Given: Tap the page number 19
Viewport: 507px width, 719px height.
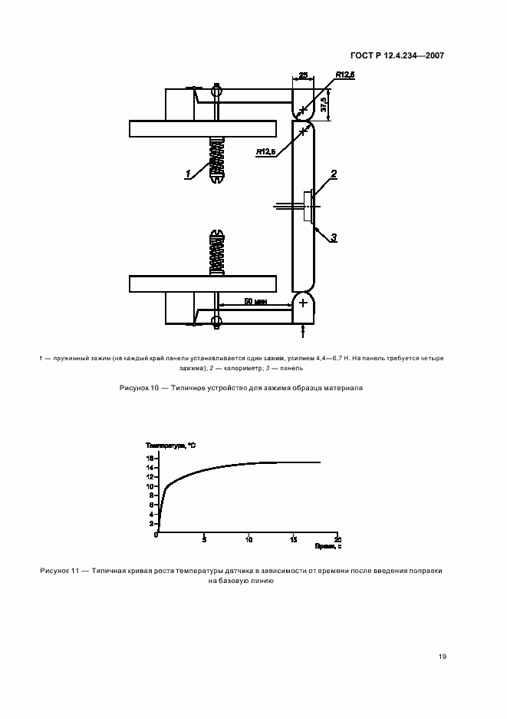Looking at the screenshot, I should coord(443,657).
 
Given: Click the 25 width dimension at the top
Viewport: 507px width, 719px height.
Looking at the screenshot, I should coord(303,75).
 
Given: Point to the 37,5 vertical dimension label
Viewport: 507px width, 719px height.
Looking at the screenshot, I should coord(324,104).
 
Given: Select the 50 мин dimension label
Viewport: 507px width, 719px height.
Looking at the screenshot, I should coord(255,302).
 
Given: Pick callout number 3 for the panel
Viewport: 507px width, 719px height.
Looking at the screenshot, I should coord(334,239).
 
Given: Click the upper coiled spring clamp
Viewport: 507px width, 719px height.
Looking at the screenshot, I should coord(218,160).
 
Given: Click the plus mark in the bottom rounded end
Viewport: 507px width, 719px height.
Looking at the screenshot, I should coord(303,303).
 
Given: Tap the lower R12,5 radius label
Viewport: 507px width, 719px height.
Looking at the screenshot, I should coord(266,152).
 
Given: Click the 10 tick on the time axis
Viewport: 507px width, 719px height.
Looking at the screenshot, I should coord(248,539).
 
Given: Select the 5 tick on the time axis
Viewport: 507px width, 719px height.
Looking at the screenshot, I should coord(203,539).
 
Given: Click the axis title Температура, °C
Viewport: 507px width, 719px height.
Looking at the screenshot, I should coord(170,446).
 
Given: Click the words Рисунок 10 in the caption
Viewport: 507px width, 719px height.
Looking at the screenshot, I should coord(140,388).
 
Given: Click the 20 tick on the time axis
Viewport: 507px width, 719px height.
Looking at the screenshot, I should coord(337,538).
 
